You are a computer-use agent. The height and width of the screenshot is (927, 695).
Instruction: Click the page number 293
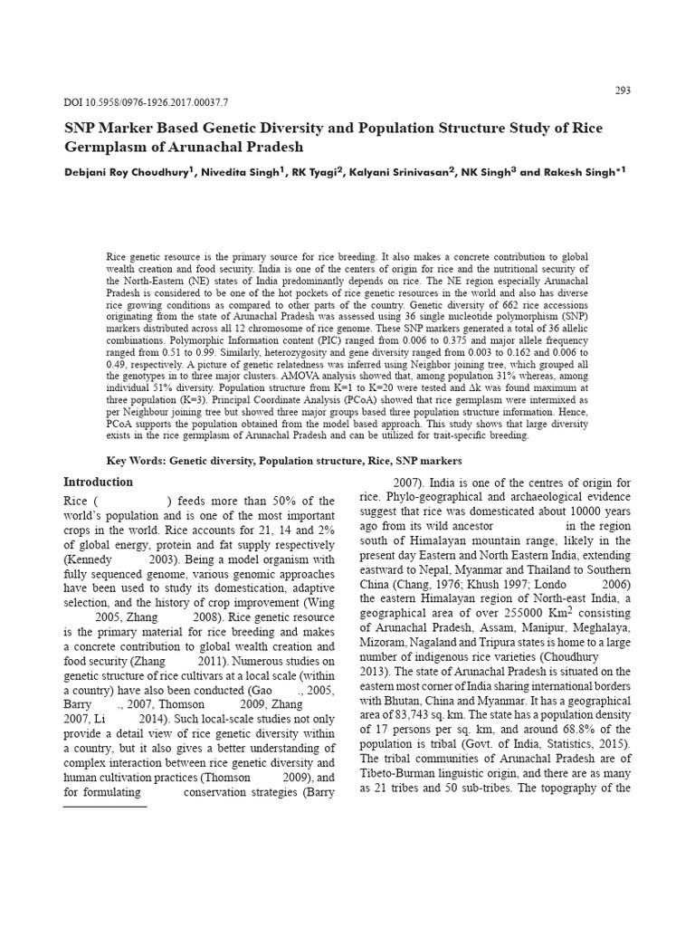pyautogui.click(x=623, y=91)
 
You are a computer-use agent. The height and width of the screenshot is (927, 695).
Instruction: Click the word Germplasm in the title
pyautogui.click(x=106, y=147)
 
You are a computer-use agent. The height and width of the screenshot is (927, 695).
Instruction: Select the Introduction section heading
pyautogui.click(x=98, y=482)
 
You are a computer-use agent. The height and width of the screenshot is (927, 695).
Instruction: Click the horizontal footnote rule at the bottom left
pyautogui.click(x=104, y=806)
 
